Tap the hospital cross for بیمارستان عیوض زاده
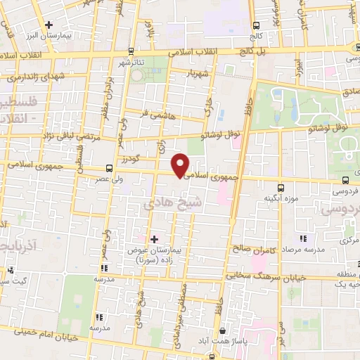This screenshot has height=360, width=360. (x=155, y=239)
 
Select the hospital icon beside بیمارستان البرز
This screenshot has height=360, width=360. (x=49, y=26)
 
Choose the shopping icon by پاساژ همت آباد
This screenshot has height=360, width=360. (x=223, y=330)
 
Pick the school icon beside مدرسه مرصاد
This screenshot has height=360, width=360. (x=304, y=239)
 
